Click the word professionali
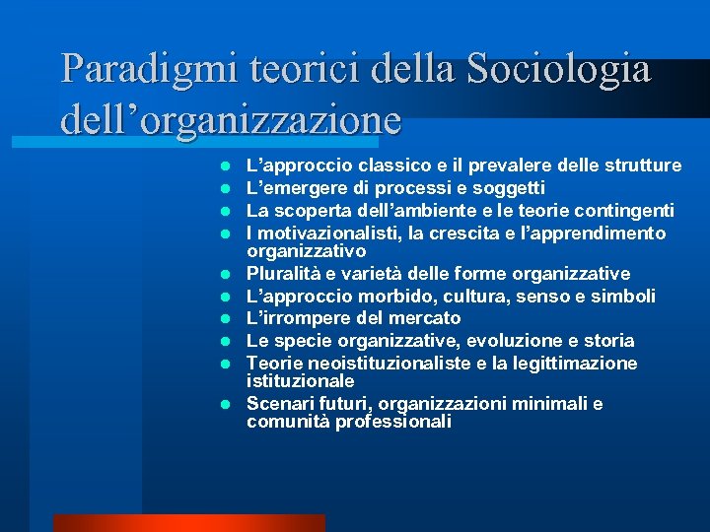[x=391, y=422]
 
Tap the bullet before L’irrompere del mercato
[x=226, y=318]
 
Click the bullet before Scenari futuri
[x=226, y=404]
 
